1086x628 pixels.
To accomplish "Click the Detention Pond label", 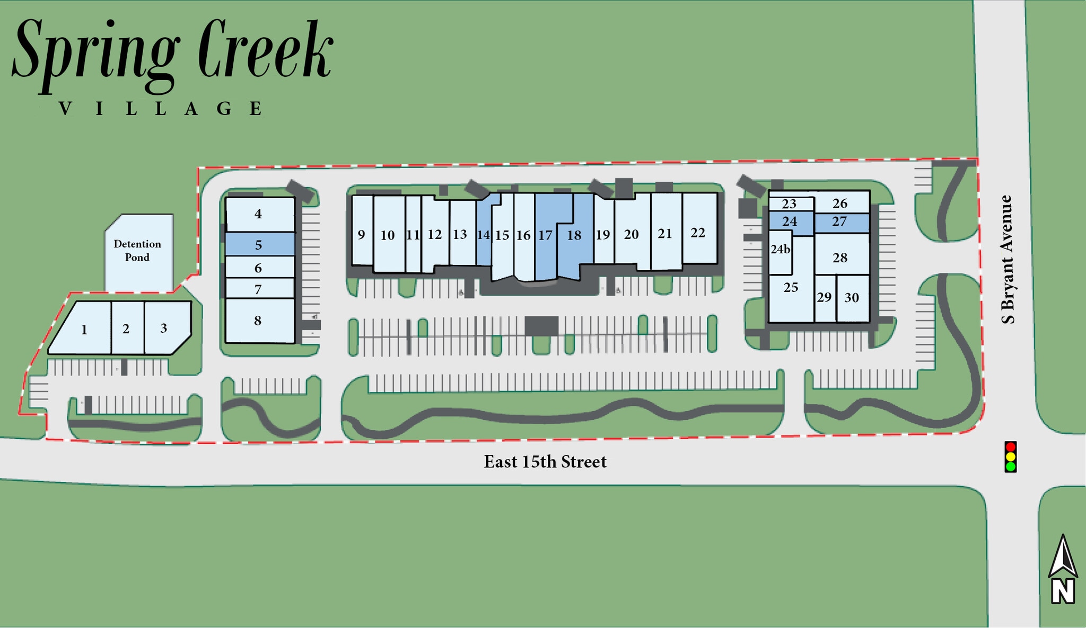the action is click(137, 251).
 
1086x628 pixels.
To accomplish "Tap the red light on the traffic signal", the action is click(1011, 447).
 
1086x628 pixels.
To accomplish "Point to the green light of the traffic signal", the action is click(1011, 466).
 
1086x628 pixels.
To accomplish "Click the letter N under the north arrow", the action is click(1063, 591).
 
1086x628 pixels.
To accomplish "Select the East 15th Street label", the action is click(545, 462).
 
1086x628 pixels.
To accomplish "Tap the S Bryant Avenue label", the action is click(1007, 260).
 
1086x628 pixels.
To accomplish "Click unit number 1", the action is click(84, 330).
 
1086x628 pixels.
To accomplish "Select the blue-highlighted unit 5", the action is click(259, 245).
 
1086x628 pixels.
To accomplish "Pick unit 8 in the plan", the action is click(258, 321).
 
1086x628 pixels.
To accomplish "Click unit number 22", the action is click(698, 232).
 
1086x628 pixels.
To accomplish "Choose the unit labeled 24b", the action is click(781, 249).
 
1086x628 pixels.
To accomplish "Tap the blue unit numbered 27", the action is click(839, 222).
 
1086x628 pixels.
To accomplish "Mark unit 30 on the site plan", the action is click(852, 298).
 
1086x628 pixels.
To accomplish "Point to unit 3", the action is click(164, 328).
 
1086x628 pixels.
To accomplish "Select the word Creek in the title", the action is click(265, 53).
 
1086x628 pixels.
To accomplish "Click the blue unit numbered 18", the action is click(574, 235).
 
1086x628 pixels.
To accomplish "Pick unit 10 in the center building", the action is click(388, 235).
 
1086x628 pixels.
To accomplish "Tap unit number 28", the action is click(840, 258).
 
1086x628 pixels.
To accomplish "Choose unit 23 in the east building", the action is click(789, 204).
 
